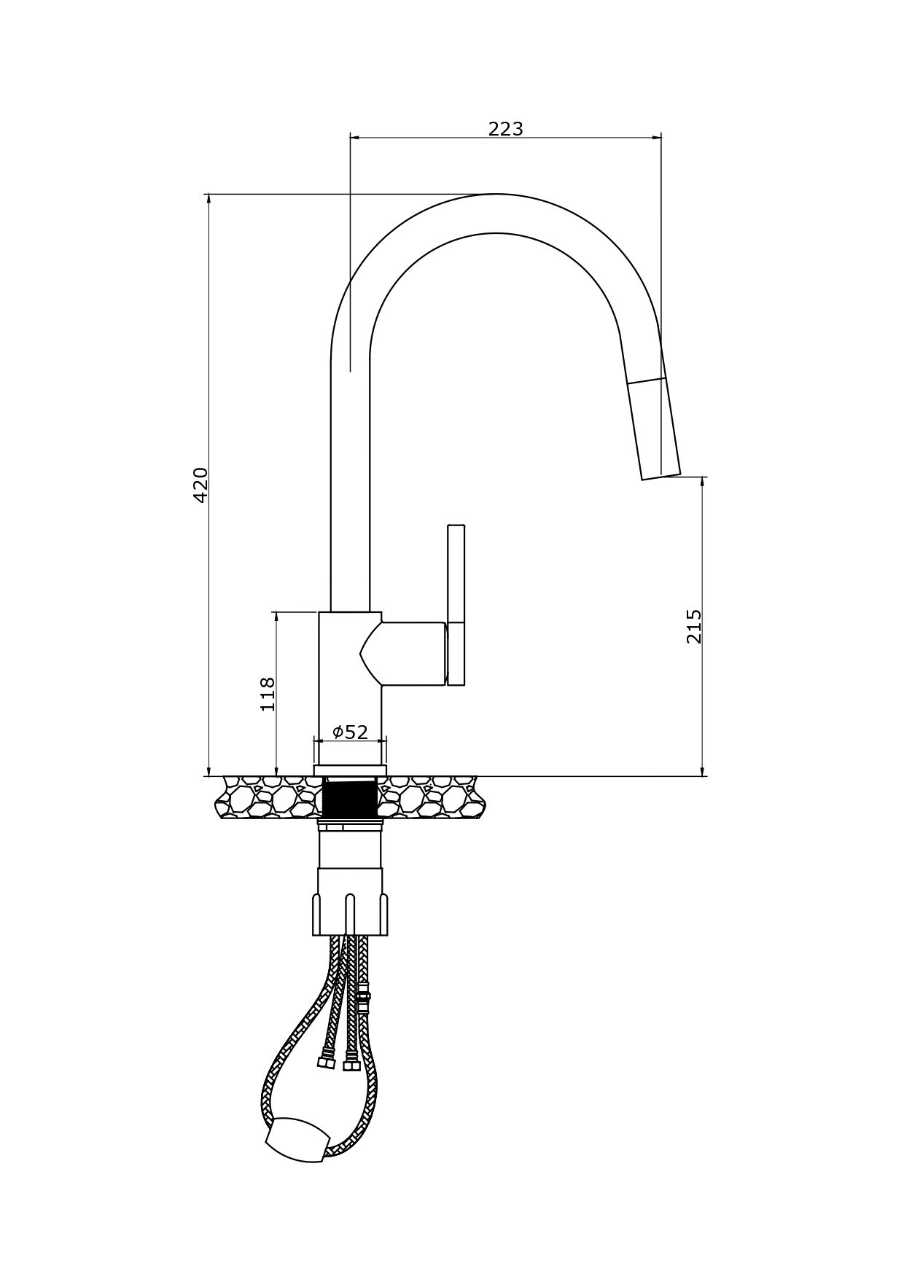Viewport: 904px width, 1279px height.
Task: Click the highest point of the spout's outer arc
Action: pos(496,194)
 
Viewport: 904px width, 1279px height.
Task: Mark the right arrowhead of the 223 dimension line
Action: pos(661,136)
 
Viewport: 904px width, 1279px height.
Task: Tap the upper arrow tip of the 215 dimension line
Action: pos(703,477)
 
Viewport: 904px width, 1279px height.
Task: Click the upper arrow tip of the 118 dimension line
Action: pos(276,613)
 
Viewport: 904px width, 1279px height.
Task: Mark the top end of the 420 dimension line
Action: pos(209,195)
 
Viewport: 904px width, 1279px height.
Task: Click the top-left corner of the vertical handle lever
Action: pos(448,525)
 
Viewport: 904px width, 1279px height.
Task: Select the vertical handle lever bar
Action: pos(456,605)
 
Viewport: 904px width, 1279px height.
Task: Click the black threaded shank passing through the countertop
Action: pos(350,798)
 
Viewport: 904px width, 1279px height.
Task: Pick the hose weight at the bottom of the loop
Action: pos(297,1139)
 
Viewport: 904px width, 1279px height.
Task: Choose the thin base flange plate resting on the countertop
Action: pos(350,770)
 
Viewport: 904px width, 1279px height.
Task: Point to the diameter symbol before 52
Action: pos(338,732)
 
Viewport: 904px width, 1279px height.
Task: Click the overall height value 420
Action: pos(200,485)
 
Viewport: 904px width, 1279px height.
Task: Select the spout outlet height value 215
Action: pos(694,626)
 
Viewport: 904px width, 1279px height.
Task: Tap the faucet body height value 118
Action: pos(268,694)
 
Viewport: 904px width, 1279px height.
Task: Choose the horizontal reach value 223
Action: pos(506,129)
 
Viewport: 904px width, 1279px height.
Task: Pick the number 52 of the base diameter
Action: pos(356,732)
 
